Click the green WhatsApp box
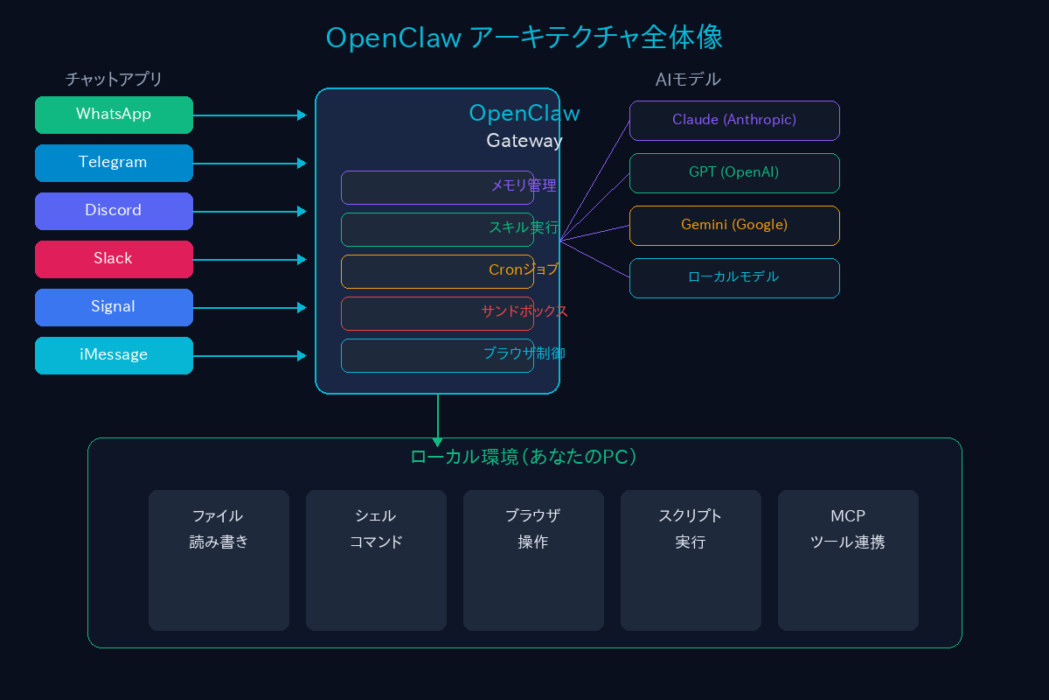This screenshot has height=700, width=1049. pyautogui.click(x=114, y=115)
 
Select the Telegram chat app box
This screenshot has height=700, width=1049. pyautogui.click(x=114, y=163)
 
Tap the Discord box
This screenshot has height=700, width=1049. pyautogui.click(x=114, y=211)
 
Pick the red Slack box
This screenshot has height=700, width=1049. pyautogui.click(x=114, y=259)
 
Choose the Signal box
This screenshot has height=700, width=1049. pyautogui.click(x=114, y=307)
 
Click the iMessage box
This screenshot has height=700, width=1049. pyautogui.click(x=114, y=355)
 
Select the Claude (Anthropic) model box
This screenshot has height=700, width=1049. pyautogui.click(x=734, y=120)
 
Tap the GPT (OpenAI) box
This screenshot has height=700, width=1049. pyautogui.click(x=734, y=172)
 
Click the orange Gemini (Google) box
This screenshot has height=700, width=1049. pyautogui.click(x=734, y=225)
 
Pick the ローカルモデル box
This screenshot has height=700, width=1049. pyautogui.click(x=734, y=277)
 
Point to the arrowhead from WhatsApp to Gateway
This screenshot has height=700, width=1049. pyautogui.click(x=302, y=115)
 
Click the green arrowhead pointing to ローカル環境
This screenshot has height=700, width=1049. pyautogui.click(x=437, y=442)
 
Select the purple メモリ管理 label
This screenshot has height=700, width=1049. pyautogui.click(x=524, y=185)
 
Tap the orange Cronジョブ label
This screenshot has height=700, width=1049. pyautogui.click(x=524, y=270)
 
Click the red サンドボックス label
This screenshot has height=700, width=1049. pyautogui.click(x=524, y=311)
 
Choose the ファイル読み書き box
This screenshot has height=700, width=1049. pyautogui.click(x=219, y=560)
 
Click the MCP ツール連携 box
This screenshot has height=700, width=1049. pyautogui.click(x=848, y=560)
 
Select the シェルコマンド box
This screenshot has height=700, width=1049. pyautogui.click(x=376, y=560)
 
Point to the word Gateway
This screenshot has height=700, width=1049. pyautogui.click(x=524, y=141)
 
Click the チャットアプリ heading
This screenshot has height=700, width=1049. pyautogui.click(x=114, y=80)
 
